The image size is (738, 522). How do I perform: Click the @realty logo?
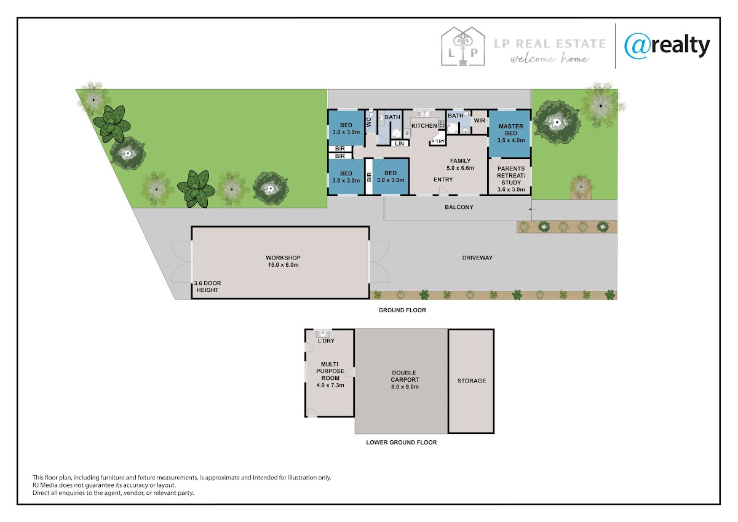click(x=667, y=47)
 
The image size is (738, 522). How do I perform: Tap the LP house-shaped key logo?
click(x=463, y=46)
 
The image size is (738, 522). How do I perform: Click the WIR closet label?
click(x=479, y=121)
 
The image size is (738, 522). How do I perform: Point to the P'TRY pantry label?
click(x=438, y=141)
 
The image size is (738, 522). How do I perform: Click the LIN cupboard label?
click(x=399, y=144)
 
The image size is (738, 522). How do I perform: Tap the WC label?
click(x=368, y=122)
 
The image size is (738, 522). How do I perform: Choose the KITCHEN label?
click(x=424, y=126)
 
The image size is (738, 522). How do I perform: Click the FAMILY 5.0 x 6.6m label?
click(x=460, y=164)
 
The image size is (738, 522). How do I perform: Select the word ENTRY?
click(x=443, y=180)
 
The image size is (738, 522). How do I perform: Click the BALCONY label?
click(x=459, y=207)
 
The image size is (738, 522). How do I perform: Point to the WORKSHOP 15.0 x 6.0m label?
click(x=283, y=261)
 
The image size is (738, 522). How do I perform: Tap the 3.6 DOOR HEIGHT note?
click(x=207, y=287)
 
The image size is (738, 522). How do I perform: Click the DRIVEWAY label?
click(x=477, y=258)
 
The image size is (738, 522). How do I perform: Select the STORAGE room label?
click(x=472, y=381)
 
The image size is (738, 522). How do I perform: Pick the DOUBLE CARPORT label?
click(x=405, y=380)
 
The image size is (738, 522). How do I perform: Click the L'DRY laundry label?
click(x=326, y=341)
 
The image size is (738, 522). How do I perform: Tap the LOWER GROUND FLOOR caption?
click(x=401, y=442)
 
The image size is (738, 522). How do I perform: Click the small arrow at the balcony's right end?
click(x=533, y=209)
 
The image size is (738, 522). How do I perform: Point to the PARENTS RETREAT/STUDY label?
click(x=511, y=179)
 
